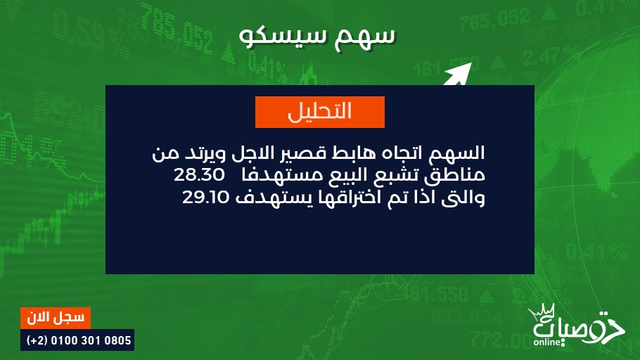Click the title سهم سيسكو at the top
tap(317, 37)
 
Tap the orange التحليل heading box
tap(320, 112)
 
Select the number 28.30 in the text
tap(199, 175)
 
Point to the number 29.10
tap(205, 197)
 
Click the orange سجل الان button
tap(56, 318)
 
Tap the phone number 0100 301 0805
tap(91, 340)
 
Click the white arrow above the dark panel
tap(458, 74)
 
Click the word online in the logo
tap(546, 342)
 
